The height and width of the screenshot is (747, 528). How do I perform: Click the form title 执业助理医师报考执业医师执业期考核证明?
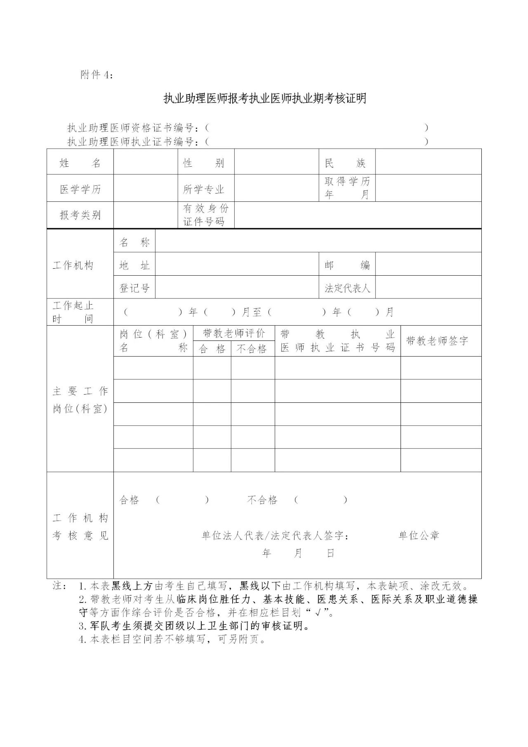point(264,99)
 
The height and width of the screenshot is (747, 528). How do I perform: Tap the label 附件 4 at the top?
point(97,75)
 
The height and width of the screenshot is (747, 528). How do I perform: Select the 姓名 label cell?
point(80,163)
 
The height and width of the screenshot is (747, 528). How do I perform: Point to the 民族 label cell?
point(346,163)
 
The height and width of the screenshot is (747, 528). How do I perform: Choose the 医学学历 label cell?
point(80,189)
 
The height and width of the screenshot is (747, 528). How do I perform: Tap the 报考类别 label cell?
point(80,215)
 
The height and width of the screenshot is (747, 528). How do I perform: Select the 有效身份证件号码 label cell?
point(206,215)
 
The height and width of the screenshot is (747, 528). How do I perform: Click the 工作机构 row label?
point(73,265)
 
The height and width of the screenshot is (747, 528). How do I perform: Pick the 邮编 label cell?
point(346,265)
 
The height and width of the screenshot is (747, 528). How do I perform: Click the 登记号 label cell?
point(134,288)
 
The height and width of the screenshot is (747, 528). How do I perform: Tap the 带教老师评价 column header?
point(234,333)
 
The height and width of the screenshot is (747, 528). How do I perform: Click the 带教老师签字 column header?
point(437,341)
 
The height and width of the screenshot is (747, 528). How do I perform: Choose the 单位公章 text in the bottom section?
point(419,535)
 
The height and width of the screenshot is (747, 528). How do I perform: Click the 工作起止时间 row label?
point(73,312)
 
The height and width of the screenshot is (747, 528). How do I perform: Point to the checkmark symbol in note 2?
point(318,612)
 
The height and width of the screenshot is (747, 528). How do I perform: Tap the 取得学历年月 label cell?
point(346,188)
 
